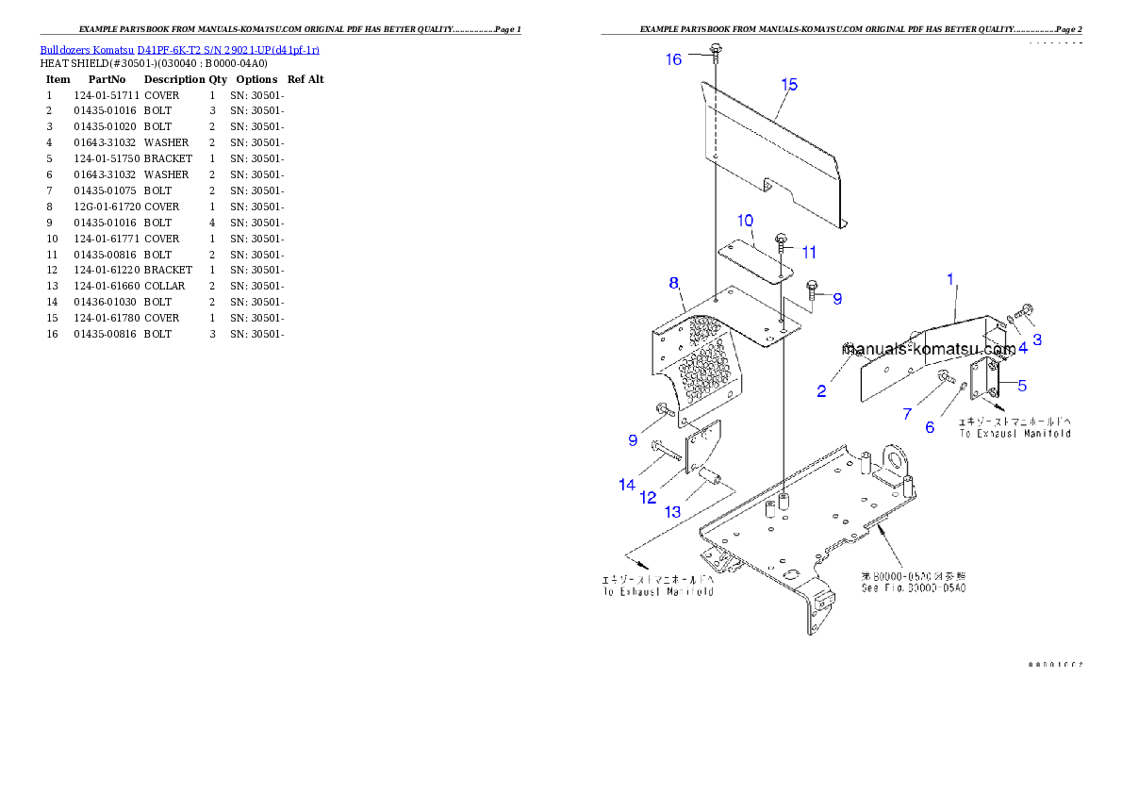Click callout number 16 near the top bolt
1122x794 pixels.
coord(673,59)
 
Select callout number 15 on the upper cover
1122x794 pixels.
coord(789,85)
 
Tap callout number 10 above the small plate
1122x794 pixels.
coord(745,222)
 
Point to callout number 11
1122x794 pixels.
coord(809,253)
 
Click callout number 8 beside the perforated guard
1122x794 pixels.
coord(674,283)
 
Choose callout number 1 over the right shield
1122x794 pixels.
coord(950,279)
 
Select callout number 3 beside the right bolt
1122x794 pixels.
coord(1037,339)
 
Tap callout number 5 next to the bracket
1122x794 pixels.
coord(1022,385)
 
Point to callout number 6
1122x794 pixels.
coord(930,428)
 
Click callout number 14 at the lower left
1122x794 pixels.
coord(627,485)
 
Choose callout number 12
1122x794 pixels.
coord(648,498)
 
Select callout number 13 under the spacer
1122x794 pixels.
coord(672,512)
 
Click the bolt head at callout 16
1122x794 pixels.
coord(717,48)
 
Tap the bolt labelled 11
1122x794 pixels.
coord(782,240)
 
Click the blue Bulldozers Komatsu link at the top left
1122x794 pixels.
coord(179,49)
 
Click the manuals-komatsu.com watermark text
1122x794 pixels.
coord(929,349)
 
